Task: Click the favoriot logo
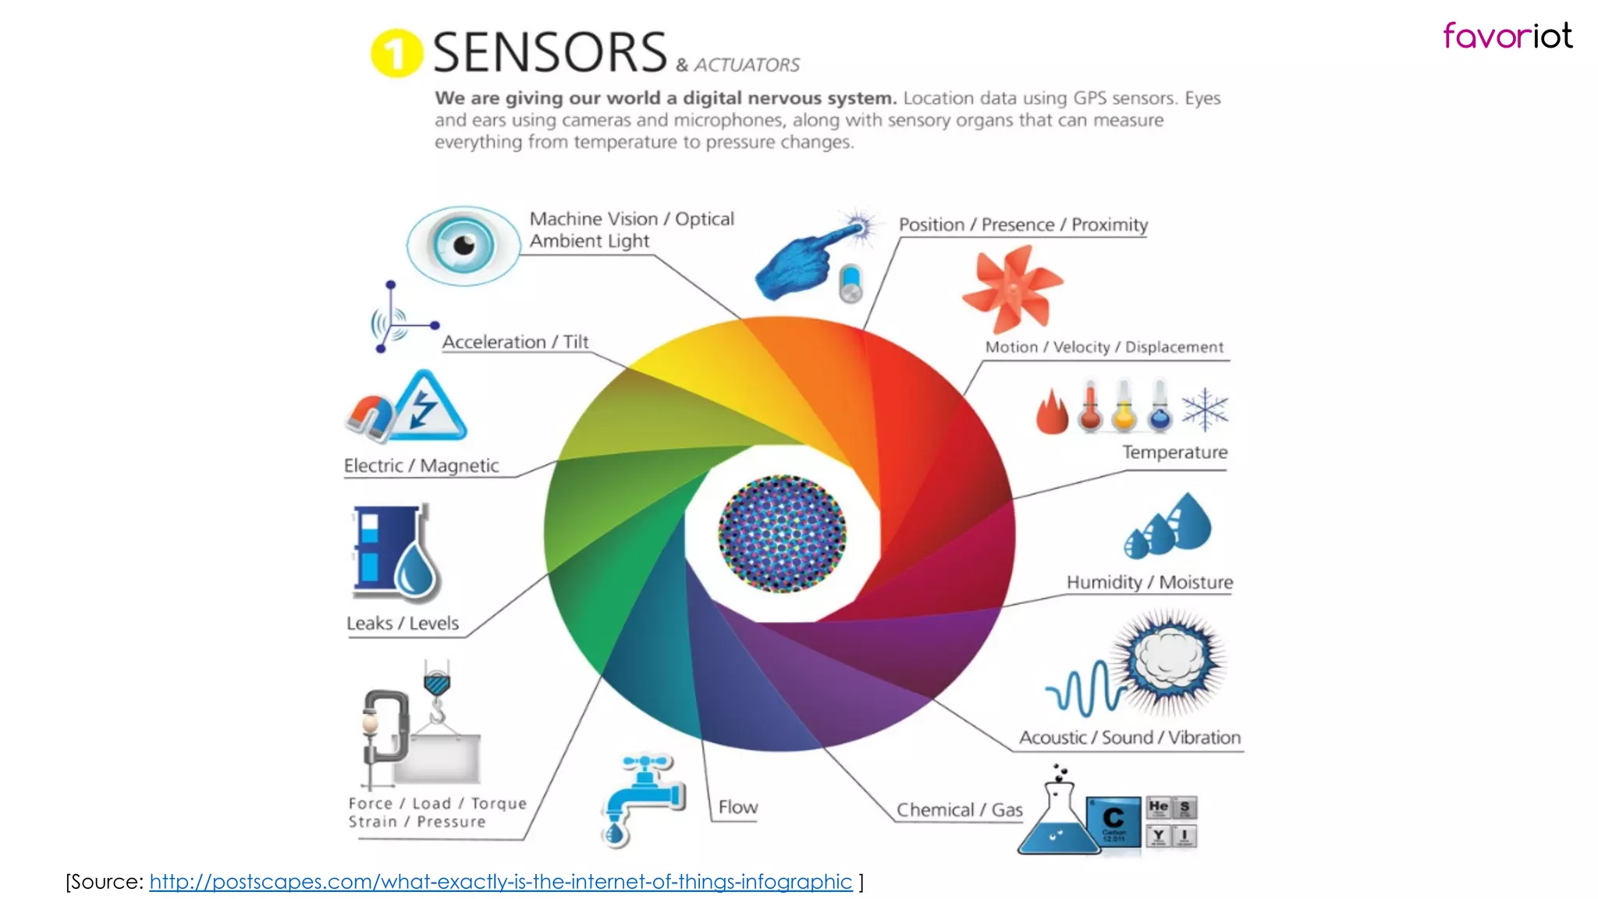(x=1507, y=36)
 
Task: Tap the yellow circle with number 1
(x=396, y=53)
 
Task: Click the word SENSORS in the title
(x=549, y=53)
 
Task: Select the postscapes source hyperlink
(x=500, y=882)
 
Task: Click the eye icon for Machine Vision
(x=463, y=245)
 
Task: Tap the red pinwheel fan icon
(x=1012, y=289)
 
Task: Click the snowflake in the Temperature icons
(x=1204, y=410)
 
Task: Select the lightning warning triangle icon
(x=429, y=408)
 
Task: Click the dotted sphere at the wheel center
(x=782, y=534)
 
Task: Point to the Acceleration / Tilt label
(x=515, y=342)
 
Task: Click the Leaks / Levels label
(x=403, y=623)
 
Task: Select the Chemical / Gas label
(x=959, y=810)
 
